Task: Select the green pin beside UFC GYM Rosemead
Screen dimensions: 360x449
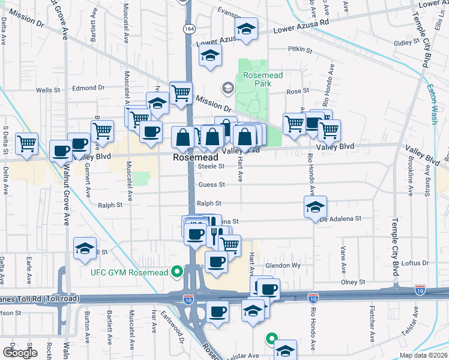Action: [176, 272]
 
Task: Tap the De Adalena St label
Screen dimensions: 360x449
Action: [340, 220]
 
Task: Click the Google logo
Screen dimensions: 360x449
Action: [20, 352]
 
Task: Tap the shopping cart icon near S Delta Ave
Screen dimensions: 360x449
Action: [27, 143]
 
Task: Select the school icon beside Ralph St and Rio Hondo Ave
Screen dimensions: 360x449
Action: [315, 206]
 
